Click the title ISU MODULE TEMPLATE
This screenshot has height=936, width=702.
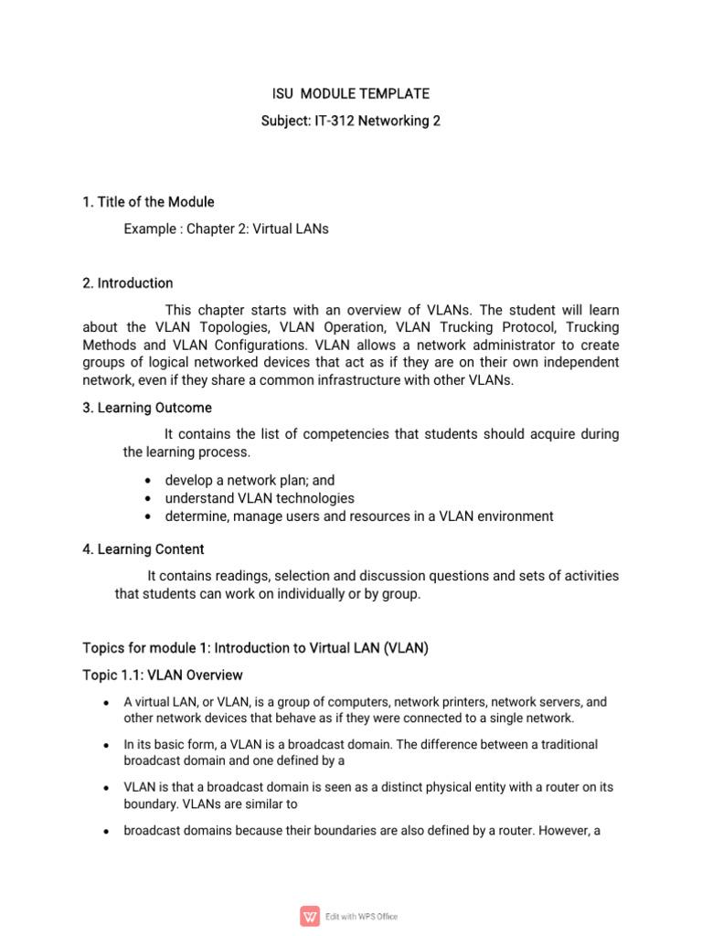coord(351,94)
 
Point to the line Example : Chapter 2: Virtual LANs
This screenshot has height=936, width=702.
coord(226,229)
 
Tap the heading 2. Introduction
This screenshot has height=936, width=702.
coord(127,283)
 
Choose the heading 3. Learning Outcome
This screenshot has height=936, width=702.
coord(147,408)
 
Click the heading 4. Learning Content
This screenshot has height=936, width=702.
coord(144,549)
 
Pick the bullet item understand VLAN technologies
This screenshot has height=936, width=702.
coord(259,498)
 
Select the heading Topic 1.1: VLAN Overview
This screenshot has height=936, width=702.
coord(163,675)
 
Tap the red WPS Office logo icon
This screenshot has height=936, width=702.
coord(311,916)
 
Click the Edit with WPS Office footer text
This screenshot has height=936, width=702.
coord(362,917)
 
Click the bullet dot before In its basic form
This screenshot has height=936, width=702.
coord(107,745)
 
